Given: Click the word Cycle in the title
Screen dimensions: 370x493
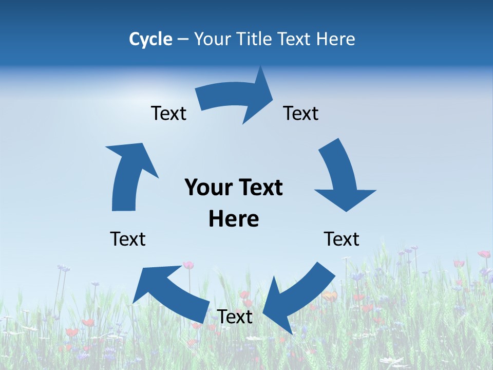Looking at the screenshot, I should click(150, 39).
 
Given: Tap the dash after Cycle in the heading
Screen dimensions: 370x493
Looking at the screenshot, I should click(182, 40).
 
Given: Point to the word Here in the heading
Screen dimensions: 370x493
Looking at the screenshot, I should click(335, 39).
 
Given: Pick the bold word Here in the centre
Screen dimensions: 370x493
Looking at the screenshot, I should click(234, 219).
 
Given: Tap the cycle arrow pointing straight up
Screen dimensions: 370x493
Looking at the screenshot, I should click(128, 175).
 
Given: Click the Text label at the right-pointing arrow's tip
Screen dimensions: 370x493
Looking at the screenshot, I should click(301, 113).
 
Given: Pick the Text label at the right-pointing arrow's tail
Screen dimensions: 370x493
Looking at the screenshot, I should click(168, 113).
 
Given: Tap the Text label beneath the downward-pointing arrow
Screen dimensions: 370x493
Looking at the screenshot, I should click(342, 239).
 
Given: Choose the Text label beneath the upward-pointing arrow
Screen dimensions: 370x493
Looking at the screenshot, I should click(128, 239).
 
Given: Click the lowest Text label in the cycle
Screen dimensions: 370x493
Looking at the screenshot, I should click(235, 317).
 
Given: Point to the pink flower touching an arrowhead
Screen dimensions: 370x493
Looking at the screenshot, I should click(188, 265).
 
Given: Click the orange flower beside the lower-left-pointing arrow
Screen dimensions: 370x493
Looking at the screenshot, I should click(330, 296).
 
